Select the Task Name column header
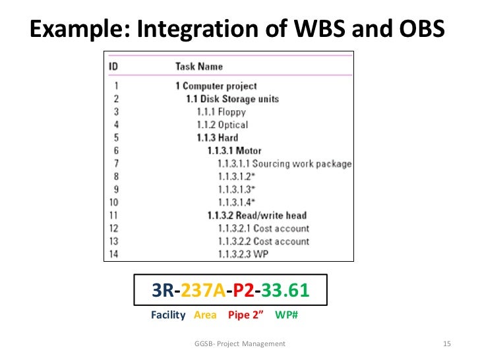(198, 66)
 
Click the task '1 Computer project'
(216, 86)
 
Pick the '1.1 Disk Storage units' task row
(232, 99)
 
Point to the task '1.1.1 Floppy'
(221, 112)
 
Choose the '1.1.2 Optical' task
(222, 125)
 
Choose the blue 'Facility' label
(168, 315)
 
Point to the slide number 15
(446, 344)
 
